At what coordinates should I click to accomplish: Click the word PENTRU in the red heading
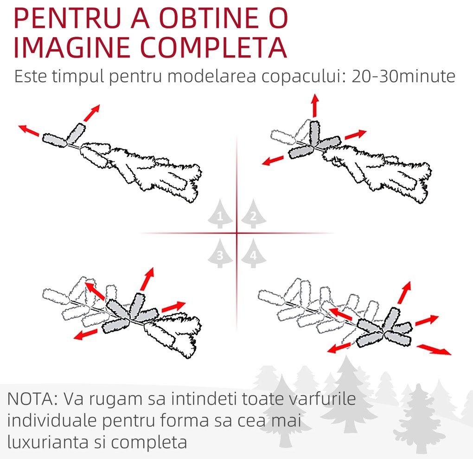67,18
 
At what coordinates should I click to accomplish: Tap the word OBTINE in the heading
209,18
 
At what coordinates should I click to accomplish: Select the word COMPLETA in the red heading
214,47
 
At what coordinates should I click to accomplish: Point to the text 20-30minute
403,77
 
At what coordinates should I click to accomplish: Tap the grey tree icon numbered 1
220,213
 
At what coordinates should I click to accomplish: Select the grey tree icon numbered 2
253,213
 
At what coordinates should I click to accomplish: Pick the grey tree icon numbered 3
220,253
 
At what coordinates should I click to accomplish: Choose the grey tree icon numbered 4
253,253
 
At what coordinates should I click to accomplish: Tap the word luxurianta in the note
48,442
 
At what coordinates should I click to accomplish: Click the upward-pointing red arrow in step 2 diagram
315,105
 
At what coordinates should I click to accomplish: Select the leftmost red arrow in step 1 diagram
29,130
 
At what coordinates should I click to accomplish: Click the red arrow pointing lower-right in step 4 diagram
434,349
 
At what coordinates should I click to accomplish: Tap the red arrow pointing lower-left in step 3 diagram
85,335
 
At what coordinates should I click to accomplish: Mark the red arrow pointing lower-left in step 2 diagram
273,160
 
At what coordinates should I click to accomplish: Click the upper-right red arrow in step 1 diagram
91,113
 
